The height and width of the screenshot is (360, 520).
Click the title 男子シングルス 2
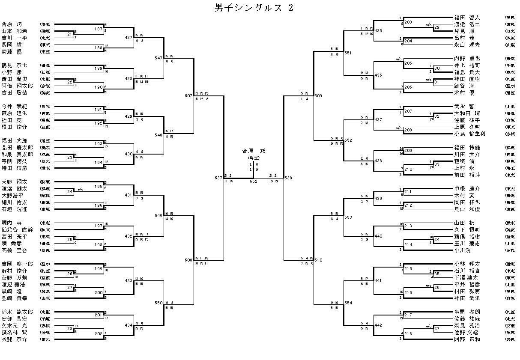(254, 9)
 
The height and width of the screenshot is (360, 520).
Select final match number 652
(254, 181)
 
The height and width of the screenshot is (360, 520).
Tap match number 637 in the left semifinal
(218, 178)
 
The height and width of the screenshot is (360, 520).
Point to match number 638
(288, 178)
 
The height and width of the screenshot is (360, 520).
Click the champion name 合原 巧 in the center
(254, 151)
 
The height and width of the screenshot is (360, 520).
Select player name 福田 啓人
(467, 18)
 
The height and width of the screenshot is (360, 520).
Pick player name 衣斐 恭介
(14, 339)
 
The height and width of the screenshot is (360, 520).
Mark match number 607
(188, 95)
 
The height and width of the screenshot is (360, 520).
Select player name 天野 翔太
(14, 182)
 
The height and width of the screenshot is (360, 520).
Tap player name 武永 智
(465, 107)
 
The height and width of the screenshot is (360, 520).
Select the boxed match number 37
(437, 329)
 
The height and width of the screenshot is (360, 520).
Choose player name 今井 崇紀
(14, 107)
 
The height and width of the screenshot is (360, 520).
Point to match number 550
(158, 302)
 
